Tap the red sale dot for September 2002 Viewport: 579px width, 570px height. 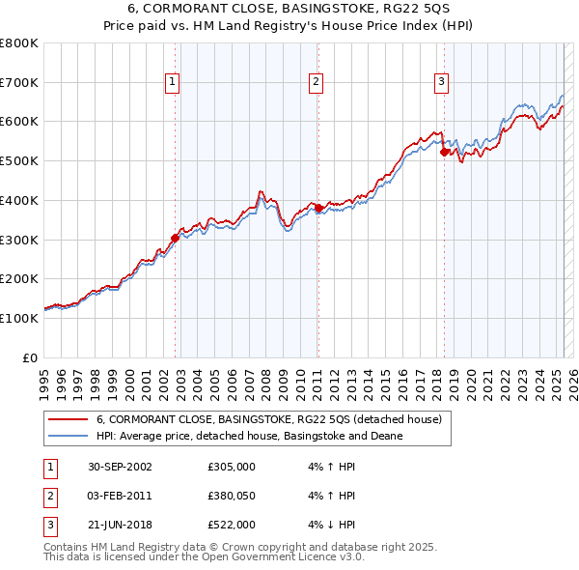pyautogui.click(x=176, y=238)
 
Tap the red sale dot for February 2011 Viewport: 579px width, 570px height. pyautogui.click(x=318, y=208)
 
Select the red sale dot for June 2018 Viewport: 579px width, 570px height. pyautogui.click(x=444, y=152)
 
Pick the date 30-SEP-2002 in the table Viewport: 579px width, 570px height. pyautogui.click(x=121, y=468)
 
